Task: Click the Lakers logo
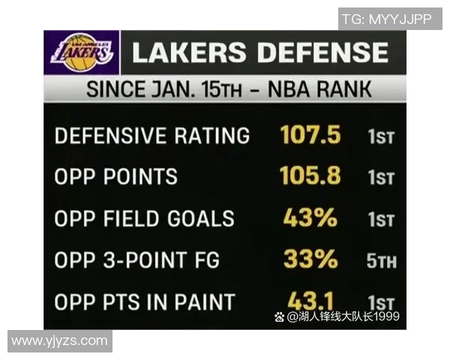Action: click(82, 52)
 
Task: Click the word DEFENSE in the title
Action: click(323, 52)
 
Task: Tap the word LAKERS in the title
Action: click(189, 52)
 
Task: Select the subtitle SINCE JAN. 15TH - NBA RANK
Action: click(229, 90)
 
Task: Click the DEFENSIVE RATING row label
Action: click(152, 136)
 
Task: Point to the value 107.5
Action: click(310, 135)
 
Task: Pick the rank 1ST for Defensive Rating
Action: click(380, 137)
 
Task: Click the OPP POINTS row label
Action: click(116, 177)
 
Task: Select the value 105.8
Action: click(310, 176)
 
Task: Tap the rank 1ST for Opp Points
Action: click(380, 178)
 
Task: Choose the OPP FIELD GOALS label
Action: click(145, 219)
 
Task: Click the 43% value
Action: click(310, 218)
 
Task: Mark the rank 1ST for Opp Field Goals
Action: click(380, 220)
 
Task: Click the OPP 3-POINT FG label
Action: click(137, 260)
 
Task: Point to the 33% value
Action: click(310, 259)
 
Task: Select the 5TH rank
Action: click(382, 262)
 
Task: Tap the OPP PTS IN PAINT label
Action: click(145, 302)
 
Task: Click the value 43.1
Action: click(310, 301)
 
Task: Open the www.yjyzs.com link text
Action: click(59, 340)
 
